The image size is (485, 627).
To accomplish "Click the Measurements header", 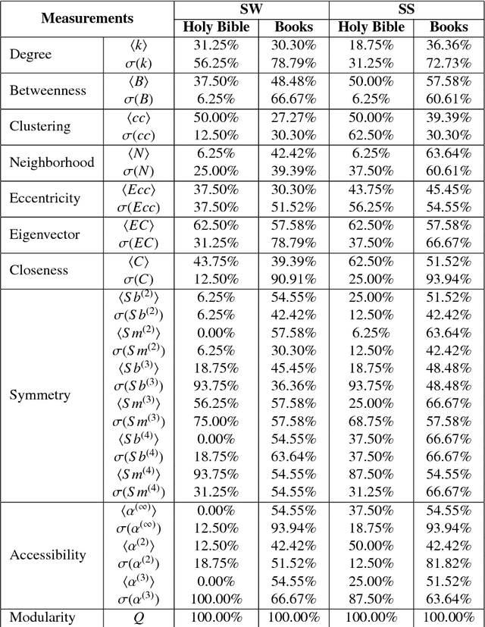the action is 87,18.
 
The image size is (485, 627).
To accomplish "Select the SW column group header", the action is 252,9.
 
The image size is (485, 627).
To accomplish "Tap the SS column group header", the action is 406,9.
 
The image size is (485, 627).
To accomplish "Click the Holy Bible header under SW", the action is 216,27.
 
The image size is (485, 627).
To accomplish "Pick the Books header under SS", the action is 449,27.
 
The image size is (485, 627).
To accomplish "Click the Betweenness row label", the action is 48,90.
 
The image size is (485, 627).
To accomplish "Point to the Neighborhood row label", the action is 52,162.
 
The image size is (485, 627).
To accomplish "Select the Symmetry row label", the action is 40,395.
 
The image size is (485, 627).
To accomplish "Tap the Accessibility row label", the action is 48,555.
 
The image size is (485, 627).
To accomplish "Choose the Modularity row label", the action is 42,617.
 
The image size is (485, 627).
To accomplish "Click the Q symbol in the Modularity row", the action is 139,618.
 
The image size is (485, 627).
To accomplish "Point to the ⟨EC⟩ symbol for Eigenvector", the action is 139,225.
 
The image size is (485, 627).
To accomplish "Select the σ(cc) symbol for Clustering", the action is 139,136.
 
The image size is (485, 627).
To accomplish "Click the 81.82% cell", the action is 449,564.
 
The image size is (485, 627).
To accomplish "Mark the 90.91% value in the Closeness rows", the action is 293,279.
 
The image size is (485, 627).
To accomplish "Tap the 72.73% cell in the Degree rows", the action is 449,63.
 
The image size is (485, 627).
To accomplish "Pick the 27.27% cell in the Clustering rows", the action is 293,118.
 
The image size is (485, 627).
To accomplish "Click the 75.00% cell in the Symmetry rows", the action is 216,422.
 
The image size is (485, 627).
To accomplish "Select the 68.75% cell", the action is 371,422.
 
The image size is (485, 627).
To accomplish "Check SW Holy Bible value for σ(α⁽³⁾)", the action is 216,599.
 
